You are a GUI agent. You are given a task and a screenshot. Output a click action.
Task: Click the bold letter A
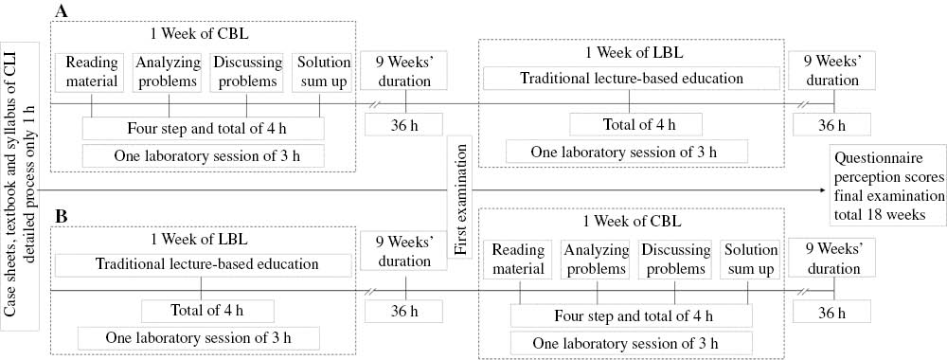63,10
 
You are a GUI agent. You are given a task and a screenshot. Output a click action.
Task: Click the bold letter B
62,217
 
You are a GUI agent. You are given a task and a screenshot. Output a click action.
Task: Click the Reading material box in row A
92,71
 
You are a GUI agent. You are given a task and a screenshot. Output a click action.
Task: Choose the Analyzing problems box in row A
166,71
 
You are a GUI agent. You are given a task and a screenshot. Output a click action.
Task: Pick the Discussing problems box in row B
675,260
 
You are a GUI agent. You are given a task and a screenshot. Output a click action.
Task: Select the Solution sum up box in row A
324,71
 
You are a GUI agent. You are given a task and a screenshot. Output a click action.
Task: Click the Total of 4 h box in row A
635,124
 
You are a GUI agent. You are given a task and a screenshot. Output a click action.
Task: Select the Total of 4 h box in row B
207,310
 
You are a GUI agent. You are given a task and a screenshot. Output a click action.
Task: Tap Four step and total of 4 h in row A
203,127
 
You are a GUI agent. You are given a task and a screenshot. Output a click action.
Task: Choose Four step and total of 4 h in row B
630,316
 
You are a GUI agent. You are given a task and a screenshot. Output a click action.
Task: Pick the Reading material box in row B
518,260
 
